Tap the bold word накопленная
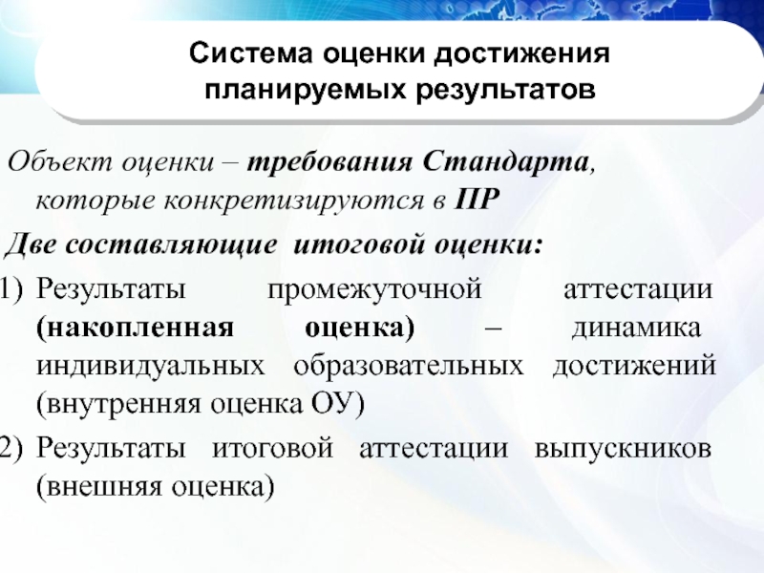134,329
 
